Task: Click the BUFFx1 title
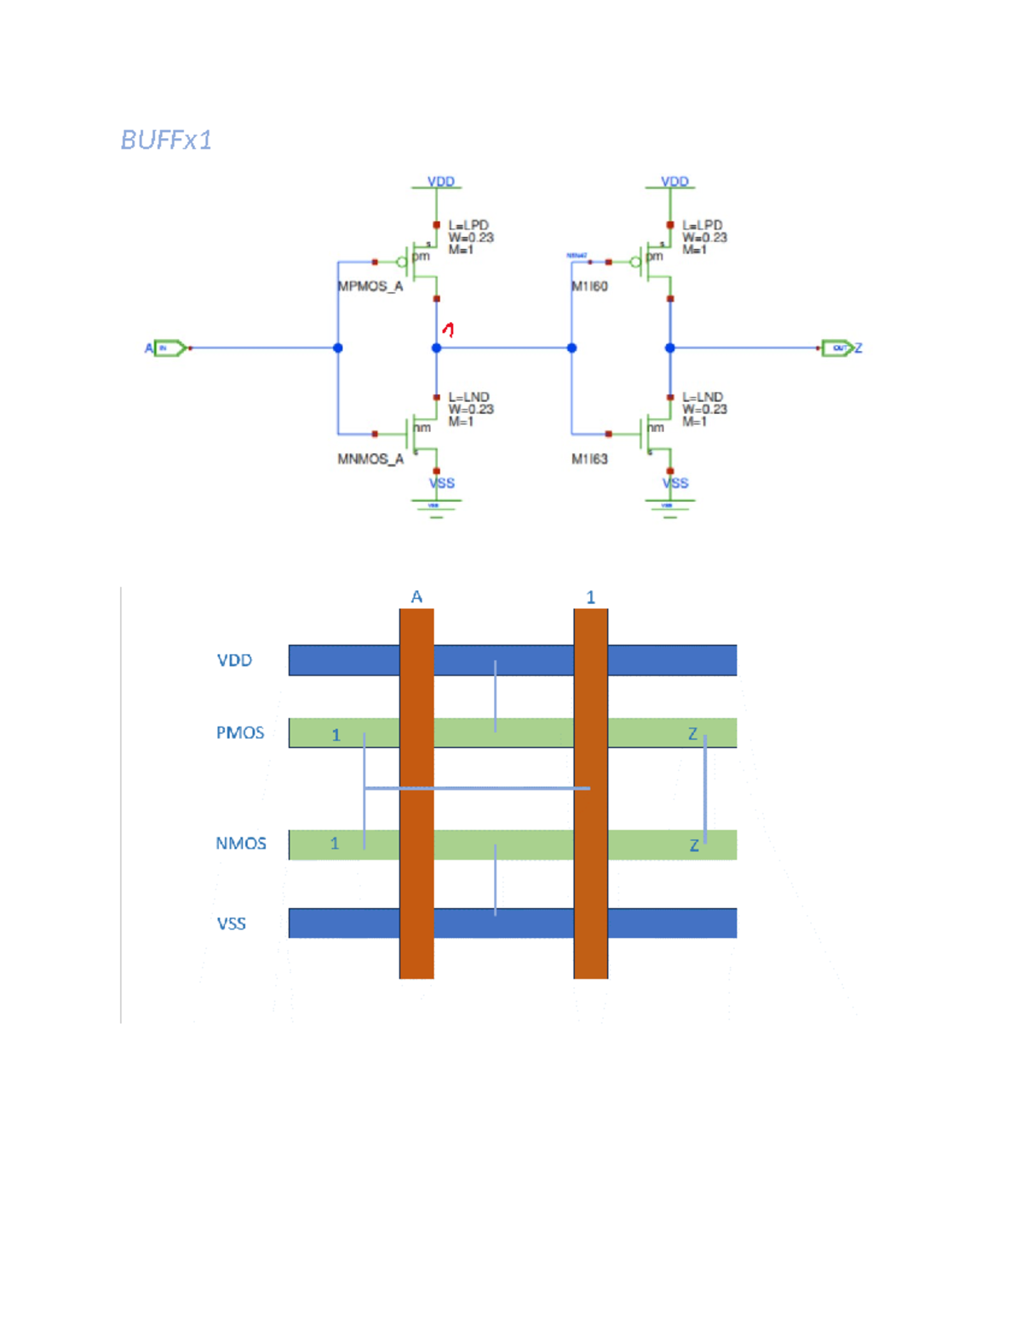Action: pyautogui.click(x=166, y=140)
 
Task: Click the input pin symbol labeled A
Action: pyautogui.click(x=169, y=348)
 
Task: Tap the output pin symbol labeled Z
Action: pyautogui.click(x=837, y=348)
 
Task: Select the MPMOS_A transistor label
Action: pyautogui.click(x=370, y=286)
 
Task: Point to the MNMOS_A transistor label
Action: pyautogui.click(x=370, y=459)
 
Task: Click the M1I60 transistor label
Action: pyautogui.click(x=589, y=286)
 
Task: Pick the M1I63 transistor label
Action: pyautogui.click(x=589, y=459)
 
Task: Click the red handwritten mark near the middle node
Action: pyautogui.click(x=449, y=329)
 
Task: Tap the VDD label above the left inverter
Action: pyautogui.click(x=440, y=181)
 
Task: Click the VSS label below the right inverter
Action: pyautogui.click(x=675, y=483)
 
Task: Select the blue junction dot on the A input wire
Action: pyautogui.click(x=338, y=348)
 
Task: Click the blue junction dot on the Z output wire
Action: pyautogui.click(x=670, y=348)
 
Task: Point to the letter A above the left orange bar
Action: pyautogui.click(x=416, y=596)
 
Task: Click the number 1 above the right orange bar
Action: pyautogui.click(x=590, y=597)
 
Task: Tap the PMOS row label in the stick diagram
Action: pyautogui.click(x=239, y=733)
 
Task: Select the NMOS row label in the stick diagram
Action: pyautogui.click(x=240, y=843)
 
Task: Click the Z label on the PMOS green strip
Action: pyautogui.click(x=692, y=733)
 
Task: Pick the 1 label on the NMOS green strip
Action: pyautogui.click(x=335, y=843)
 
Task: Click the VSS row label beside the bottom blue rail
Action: pyautogui.click(x=231, y=923)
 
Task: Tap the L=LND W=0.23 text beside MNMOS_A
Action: pyautogui.click(x=469, y=404)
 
